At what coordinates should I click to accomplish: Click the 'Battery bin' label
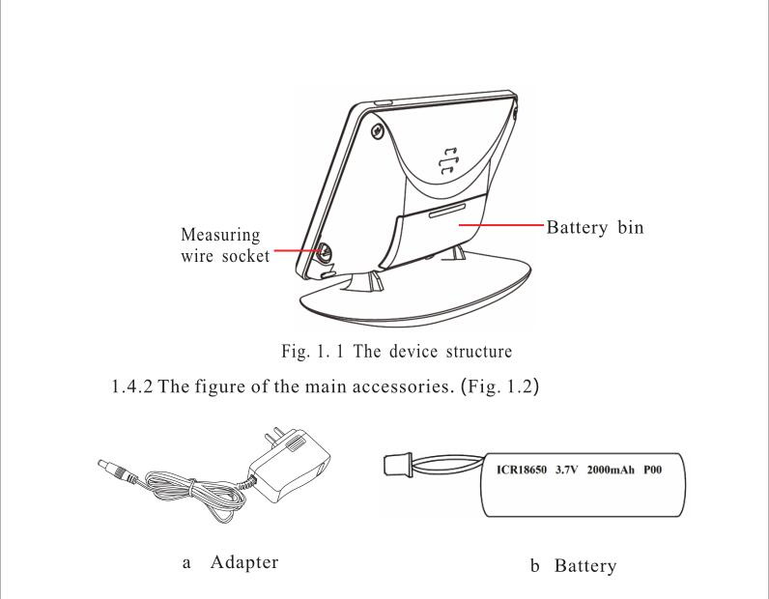595,227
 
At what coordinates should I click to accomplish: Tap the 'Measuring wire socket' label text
225,245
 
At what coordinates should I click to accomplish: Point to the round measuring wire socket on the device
325,252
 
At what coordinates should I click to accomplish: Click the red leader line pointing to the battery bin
501,225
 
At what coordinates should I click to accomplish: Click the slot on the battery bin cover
446,212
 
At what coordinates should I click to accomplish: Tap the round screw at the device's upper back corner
377,131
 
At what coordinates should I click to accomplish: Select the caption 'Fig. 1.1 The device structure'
397,352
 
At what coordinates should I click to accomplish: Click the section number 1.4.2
132,386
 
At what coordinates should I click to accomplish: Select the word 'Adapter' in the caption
244,562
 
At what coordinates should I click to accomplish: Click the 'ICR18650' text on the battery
522,470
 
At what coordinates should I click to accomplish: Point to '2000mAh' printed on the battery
611,470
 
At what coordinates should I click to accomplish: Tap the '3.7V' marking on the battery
566,470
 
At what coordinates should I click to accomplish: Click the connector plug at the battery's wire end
396,465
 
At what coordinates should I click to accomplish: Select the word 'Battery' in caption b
585,566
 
